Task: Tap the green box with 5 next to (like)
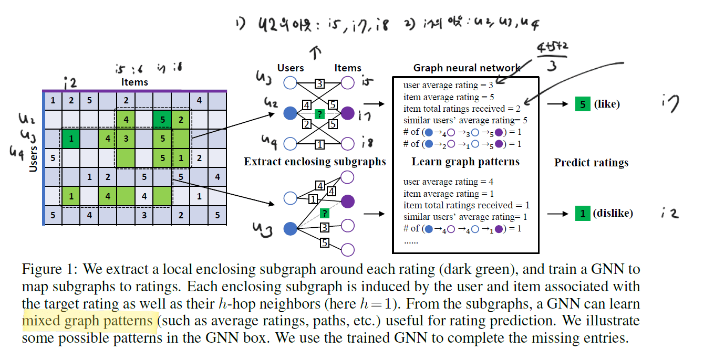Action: (x=582, y=104)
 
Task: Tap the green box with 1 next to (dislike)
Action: (x=582, y=213)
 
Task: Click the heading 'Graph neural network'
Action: (x=466, y=68)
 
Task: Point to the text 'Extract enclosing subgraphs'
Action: (x=315, y=162)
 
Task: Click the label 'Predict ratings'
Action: (x=591, y=163)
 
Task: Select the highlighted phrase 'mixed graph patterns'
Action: (x=87, y=320)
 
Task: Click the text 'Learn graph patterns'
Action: (x=465, y=162)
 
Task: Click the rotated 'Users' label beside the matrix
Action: (x=34, y=158)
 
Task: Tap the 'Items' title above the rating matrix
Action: (x=134, y=82)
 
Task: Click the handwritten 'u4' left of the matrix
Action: (x=17, y=152)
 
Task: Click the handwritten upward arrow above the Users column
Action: (x=315, y=51)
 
